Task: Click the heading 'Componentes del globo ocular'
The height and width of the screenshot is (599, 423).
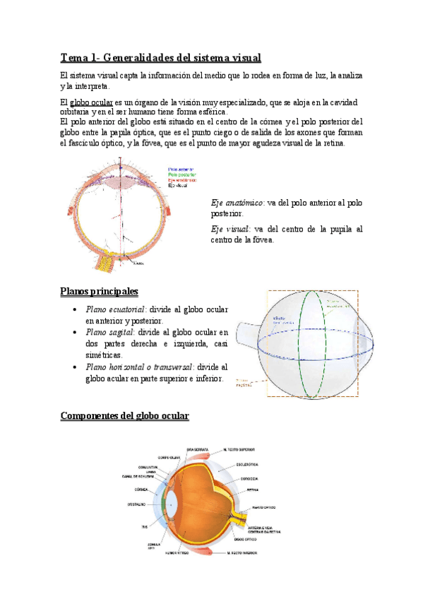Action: pyautogui.click(x=125, y=416)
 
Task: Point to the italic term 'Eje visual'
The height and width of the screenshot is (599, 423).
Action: pyautogui.click(x=230, y=229)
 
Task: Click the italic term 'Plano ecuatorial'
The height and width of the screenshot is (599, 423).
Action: pyautogui.click(x=114, y=309)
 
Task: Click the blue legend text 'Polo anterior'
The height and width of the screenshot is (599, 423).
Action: pyautogui.click(x=181, y=170)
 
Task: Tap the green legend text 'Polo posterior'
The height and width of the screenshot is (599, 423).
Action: pyautogui.click(x=181, y=174)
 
